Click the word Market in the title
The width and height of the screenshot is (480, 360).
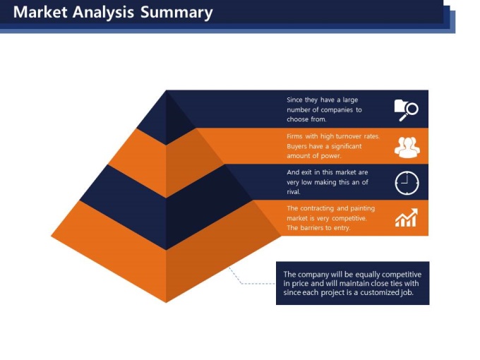(40, 12)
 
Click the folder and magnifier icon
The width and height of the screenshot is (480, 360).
(406, 110)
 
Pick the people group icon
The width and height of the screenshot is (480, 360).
(407, 148)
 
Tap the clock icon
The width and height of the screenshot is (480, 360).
(407, 183)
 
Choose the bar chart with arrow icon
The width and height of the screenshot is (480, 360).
(406, 217)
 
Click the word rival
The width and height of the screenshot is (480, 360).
(294, 192)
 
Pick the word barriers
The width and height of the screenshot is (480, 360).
(312, 228)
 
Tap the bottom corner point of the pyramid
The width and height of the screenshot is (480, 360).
(166, 302)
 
